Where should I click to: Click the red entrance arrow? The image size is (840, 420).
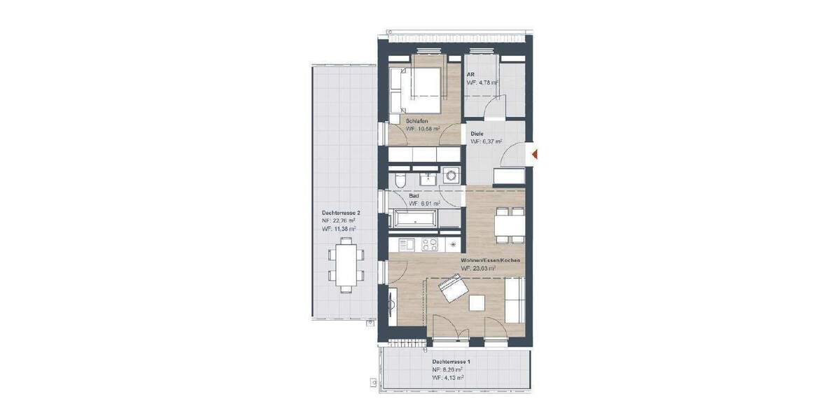point(534,154)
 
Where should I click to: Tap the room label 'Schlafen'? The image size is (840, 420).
point(418,120)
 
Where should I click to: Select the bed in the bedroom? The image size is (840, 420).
point(417,90)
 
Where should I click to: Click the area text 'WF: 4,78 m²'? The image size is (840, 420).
point(483,83)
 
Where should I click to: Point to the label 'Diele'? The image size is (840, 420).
point(477,132)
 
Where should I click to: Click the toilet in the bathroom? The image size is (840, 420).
point(398,181)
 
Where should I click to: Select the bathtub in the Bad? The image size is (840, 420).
point(416,218)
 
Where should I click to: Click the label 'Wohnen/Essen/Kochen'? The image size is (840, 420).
point(490,260)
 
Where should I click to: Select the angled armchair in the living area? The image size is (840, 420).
point(451,288)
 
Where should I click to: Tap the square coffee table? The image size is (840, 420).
point(477,302)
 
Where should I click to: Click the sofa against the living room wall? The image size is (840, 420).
point(515,299)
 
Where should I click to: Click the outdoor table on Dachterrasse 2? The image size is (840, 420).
point(346,262)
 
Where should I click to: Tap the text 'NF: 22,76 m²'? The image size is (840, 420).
point(339,220)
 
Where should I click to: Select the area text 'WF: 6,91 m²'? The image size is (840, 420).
point(423,204)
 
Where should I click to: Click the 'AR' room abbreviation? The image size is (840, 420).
point(471,74)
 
